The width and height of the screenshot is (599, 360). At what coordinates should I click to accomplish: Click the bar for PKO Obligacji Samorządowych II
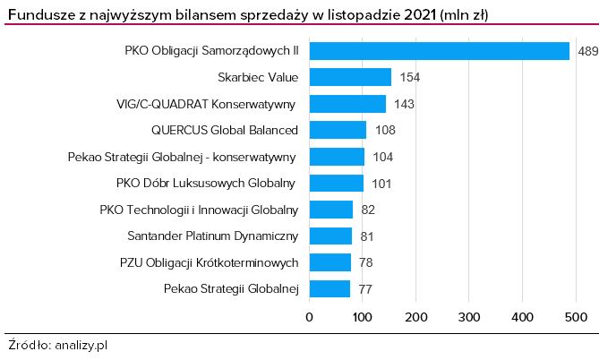click(440, 51)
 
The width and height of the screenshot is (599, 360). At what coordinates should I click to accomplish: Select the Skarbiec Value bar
click(350, 77)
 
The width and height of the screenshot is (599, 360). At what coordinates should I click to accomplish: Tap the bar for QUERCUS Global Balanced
click(338, 130)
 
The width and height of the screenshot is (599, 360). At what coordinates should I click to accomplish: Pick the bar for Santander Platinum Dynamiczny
click(330, 236)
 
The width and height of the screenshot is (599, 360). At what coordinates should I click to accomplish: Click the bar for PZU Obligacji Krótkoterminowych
click(329, 262)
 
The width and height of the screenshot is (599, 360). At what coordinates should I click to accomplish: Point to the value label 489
click(587, 51)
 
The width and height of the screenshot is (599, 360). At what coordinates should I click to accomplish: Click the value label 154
click(409, 77)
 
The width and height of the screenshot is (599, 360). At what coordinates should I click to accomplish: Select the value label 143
click(403, 104)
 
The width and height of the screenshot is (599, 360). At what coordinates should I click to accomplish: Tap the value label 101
click(381, 184)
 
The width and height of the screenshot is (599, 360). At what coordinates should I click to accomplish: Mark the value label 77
click(365, 289)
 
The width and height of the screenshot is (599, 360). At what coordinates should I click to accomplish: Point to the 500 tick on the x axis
click(575, 316)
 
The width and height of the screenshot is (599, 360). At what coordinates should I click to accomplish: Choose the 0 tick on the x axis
click(310, 316)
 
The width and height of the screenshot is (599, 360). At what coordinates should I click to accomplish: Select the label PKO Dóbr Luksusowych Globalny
click(206, 184)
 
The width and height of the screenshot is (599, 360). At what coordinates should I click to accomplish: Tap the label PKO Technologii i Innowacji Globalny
click(199, 210)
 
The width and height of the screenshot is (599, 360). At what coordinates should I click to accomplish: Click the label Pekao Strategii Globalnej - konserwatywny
click(182, 157)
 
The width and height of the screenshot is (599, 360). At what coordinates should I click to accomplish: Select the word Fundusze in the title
click(37, 14)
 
